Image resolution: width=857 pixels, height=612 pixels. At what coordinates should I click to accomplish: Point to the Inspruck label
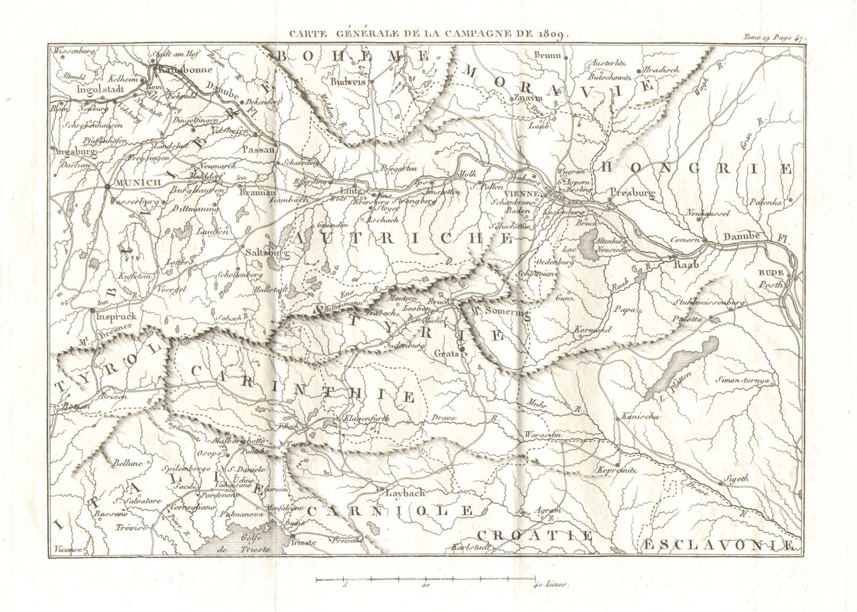(116, 316)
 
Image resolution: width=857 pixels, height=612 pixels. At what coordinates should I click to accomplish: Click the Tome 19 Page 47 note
(774, 37)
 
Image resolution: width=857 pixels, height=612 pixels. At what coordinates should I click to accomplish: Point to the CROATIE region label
(535, 535)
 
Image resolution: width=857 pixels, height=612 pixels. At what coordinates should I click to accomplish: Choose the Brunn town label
(547, 55)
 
